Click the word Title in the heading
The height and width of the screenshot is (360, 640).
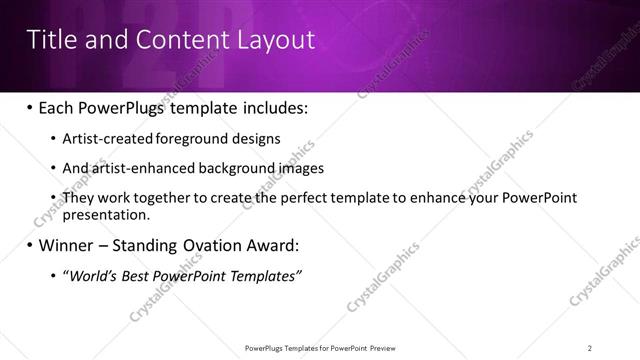click(49, 39)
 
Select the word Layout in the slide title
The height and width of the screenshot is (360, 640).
click(275, 39)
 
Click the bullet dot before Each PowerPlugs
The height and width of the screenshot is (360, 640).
click(29, 108)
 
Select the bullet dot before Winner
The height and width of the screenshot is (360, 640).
click(29, 245)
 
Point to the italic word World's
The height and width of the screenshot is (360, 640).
click(93, 276)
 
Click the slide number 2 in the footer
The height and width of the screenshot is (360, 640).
click(590, 348)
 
